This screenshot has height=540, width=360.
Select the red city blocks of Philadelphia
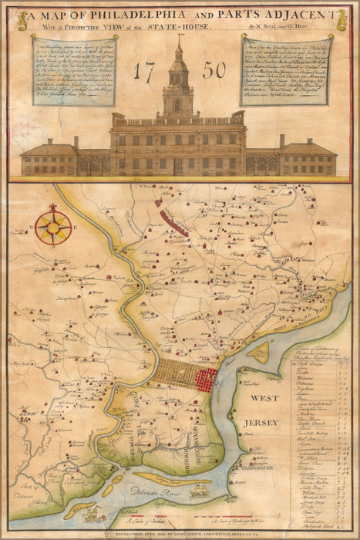tap(206, 379)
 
